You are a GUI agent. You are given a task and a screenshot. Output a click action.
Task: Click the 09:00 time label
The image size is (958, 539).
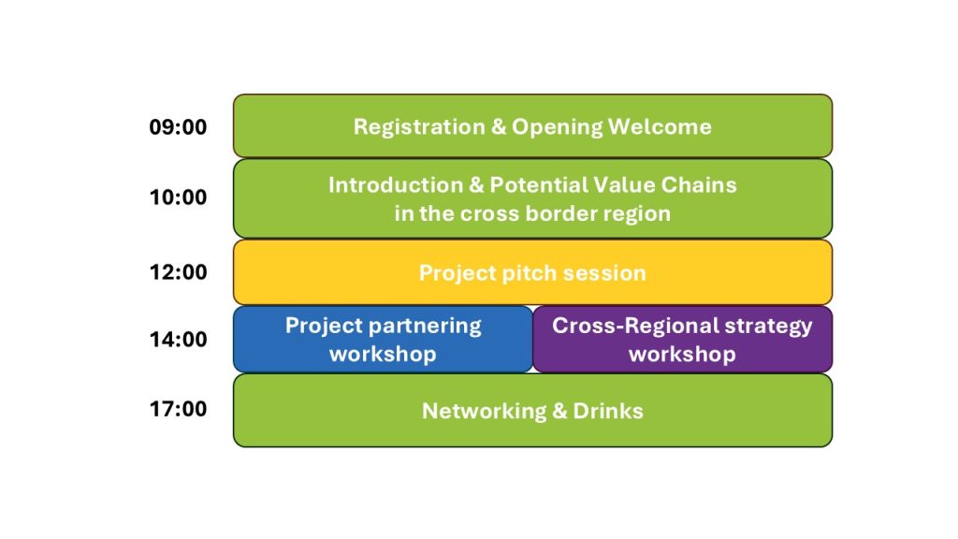[x=178, y=127]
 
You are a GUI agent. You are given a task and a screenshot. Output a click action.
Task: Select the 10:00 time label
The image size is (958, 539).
[x=178, y=197]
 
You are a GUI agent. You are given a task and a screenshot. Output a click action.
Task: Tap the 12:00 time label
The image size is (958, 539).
[x=178, y=272]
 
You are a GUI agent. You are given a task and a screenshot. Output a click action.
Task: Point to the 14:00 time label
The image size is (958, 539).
[x=178, y=340]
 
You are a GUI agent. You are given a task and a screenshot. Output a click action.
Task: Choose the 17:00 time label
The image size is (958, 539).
[x=178, y=409]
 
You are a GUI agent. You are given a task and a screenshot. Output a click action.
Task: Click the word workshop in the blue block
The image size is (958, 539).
[x=383, y=355]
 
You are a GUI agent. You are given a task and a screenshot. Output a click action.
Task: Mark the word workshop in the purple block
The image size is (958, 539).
[x=682, y=355]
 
